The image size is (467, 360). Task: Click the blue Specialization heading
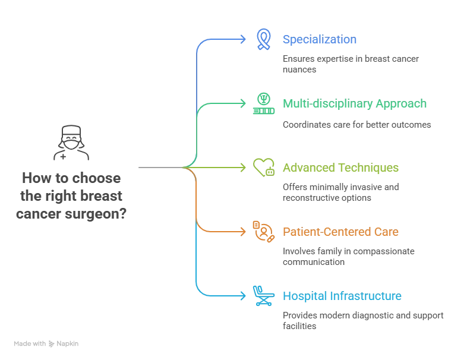coord(319,40)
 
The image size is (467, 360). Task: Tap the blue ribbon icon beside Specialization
coord(262,39)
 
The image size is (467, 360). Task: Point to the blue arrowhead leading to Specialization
coord(242,39)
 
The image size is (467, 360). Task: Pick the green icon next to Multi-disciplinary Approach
coord(262,103)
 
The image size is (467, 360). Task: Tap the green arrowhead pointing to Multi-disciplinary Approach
coord(242,103)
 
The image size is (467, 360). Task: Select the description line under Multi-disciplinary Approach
coord(356,124)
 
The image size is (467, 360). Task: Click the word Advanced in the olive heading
coord(306,168)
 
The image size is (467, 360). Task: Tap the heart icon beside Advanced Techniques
coord(262,168)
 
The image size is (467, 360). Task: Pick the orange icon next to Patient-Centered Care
coord(262,232)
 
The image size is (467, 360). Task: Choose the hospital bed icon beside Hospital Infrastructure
coord(262,296)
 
